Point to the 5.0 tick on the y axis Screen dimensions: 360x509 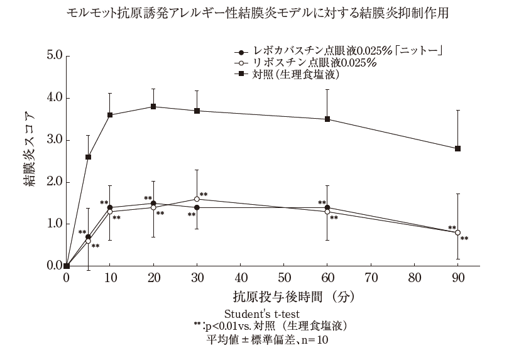click(x=54, y=56)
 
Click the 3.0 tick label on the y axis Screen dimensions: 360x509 click(x=54, y=140)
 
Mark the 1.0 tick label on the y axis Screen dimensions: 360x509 click(x=54, y=224)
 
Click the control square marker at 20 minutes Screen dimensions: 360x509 click(x=153, y=106)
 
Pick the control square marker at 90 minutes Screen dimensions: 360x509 click(x=457, y=148)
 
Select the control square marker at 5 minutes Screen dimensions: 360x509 click(x=88, y=156)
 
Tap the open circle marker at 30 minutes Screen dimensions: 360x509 click(x=197, y=199)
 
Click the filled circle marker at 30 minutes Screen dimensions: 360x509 click(x=197, y=207)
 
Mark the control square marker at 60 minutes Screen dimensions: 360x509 click(x=327, y=119)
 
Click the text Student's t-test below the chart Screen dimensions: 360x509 click(x=261, y=313)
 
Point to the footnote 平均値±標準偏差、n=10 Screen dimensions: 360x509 click(x=268, y=340)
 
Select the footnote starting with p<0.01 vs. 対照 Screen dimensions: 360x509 click(x=270, y=326)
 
